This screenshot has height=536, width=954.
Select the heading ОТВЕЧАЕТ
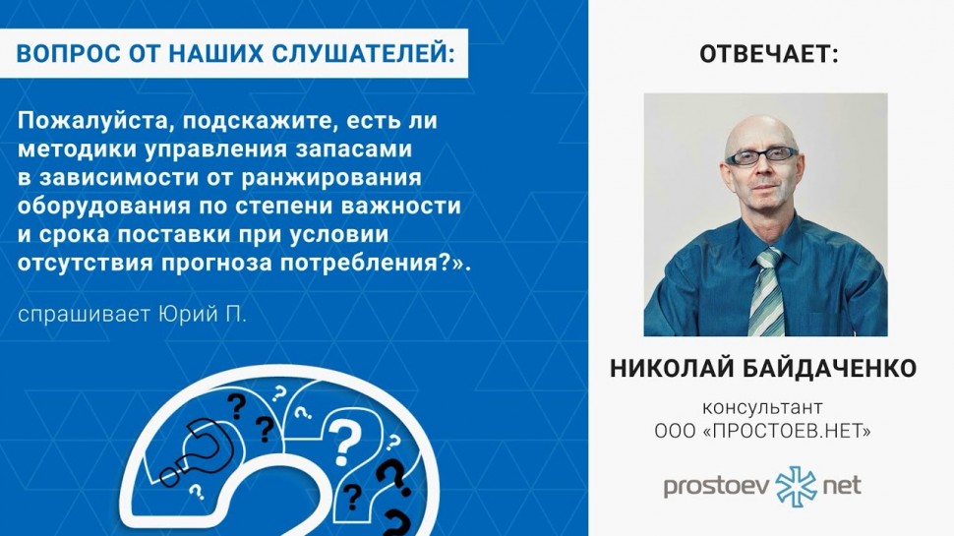tap(769, 54)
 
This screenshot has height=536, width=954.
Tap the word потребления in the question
tap(359, 264)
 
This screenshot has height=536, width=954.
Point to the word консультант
tap(762, 407)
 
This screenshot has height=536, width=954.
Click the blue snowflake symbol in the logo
tap(796, 486)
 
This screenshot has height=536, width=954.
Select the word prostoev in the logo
tap(717, 487)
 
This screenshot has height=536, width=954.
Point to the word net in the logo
tap(842, 486)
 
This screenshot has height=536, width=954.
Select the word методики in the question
tap(76, 149)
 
